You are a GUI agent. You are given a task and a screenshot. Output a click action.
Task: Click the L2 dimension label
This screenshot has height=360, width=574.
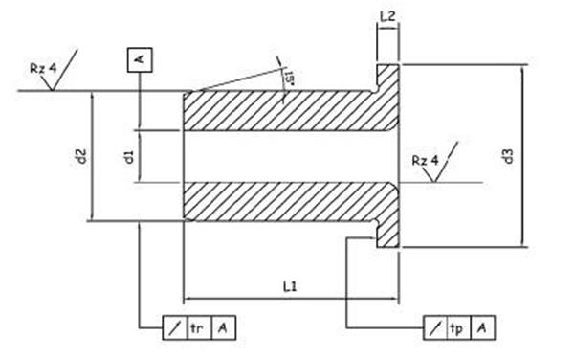point(387,16)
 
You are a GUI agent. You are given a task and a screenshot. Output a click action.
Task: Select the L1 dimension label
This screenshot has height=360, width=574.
point(290,286)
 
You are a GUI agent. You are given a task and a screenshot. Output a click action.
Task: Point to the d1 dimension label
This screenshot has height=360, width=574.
point(129,156)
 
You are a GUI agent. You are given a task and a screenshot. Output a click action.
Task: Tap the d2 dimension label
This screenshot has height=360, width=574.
point(82,156)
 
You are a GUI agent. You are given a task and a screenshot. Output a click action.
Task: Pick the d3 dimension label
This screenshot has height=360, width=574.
point(508,156)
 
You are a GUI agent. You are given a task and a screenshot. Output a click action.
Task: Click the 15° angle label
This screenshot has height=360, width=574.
point(289,78)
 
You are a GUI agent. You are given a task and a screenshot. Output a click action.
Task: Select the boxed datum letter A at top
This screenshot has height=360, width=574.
point(140,59)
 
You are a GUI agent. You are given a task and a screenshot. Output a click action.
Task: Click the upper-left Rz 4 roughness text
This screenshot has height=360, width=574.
point(43,68)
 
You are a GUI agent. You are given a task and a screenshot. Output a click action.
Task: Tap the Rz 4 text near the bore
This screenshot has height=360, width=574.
point(425,161)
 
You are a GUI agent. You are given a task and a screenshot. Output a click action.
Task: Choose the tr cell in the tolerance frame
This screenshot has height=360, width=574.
point(199,327)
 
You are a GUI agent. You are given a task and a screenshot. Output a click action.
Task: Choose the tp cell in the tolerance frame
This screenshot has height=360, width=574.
point(458,327)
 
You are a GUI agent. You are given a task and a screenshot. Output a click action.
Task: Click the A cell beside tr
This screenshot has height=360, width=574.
point(223,327)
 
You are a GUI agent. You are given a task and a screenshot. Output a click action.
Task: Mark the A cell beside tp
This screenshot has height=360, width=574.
point(483,327)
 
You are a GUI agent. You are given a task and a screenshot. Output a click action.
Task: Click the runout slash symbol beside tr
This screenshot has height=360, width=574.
point(175,327)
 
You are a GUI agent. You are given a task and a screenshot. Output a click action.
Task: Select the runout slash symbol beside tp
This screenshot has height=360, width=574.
point(435,327)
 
